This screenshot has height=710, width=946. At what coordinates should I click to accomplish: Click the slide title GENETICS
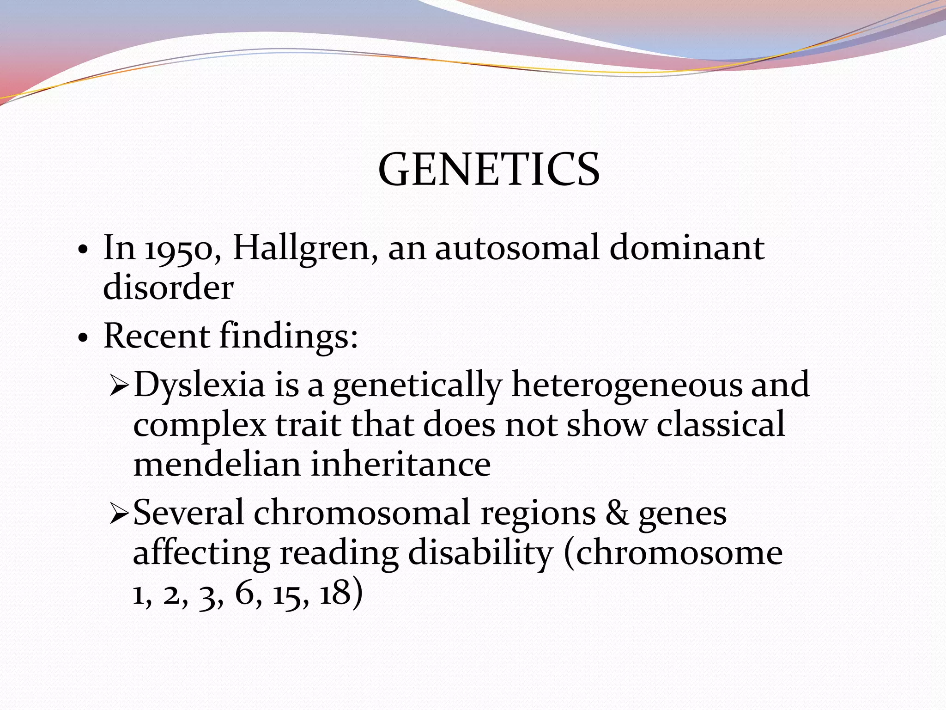pos(489,170)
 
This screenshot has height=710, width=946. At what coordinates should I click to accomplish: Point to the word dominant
pos(687,248)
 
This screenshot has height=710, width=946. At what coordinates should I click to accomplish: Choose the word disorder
pos(168,288)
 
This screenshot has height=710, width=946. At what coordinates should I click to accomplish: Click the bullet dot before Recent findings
pos(83,339)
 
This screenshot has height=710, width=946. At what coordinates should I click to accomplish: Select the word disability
pos(480,554)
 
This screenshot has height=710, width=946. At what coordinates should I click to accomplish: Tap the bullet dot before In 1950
pos(83,251)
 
